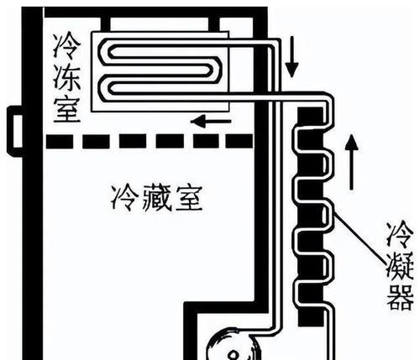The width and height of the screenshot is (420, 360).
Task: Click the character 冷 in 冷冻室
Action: pos(67,47)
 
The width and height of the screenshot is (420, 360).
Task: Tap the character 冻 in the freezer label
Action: pos(67,78)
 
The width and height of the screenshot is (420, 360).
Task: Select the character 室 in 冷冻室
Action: pos(67,109)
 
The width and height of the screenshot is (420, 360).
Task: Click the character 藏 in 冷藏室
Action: pos(157,198)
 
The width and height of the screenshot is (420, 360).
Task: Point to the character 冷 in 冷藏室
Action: pos(125,198)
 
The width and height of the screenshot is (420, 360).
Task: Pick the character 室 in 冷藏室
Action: pos(189,198)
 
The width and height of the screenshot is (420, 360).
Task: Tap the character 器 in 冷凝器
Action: pos(400,297)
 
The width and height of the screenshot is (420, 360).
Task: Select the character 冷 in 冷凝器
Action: pos(400,234)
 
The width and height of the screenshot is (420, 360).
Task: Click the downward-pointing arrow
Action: pos(291,56)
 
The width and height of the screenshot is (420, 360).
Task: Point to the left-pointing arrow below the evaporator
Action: pos(211,122)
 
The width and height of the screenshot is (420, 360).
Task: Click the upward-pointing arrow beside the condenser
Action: pos(351,162)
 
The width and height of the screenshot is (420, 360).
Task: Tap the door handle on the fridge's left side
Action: pos(15,132)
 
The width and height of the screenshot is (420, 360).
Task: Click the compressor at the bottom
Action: pos(234,346)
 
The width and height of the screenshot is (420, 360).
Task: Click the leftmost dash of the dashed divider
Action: pos(60,141)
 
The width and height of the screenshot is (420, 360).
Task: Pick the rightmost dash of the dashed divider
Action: pos(239,141)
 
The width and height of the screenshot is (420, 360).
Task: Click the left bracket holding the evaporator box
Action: pos(105,24)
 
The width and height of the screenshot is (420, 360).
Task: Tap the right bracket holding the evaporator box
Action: pos(214,24)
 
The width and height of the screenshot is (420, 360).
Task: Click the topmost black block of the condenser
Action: pos(310,117)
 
